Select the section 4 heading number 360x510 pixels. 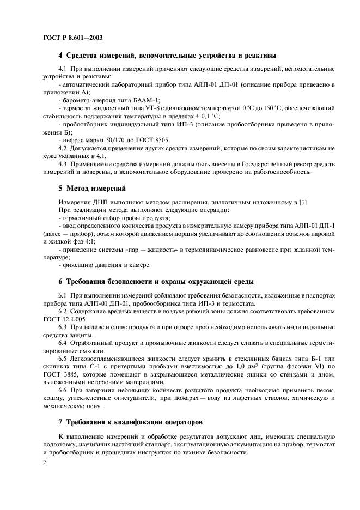pos(60,55)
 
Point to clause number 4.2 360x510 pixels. pos(63,148)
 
